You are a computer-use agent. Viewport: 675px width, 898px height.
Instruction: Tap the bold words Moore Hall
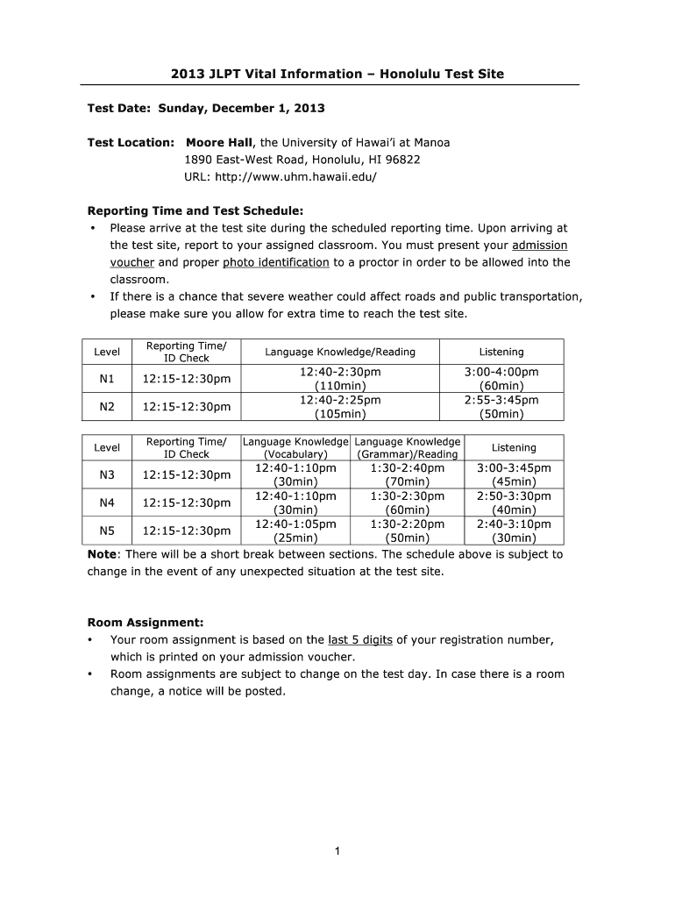coord(218,142)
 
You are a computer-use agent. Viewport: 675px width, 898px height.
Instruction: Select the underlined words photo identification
coord(275,262)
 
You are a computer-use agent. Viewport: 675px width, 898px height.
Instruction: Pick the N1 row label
coord(107,378)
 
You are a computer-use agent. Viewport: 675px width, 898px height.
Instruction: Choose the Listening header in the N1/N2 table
coord(501,352)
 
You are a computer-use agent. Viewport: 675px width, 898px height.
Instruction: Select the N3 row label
coord(107,474)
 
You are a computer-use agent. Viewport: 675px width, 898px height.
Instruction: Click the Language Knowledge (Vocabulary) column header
coord(295,447)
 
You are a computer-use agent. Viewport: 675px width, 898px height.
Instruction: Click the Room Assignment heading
coord(146,623)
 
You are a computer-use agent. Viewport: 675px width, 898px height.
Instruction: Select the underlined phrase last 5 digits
coord(359,640)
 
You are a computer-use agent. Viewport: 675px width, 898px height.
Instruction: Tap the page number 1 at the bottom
coord(337,851)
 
